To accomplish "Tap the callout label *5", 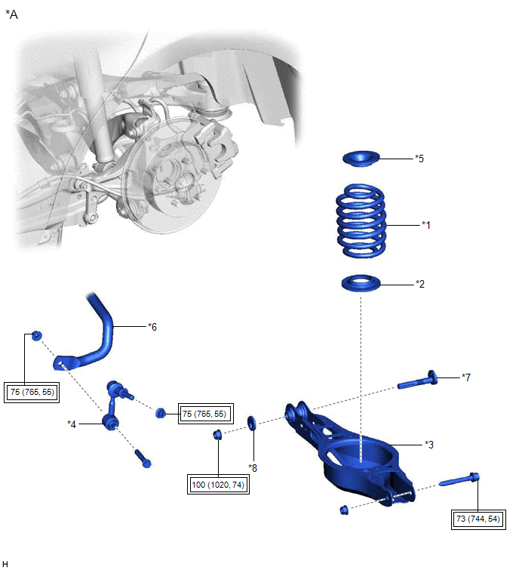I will (420, 159).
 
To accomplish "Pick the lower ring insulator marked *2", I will (361, 284).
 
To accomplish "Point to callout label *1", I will (426, 225).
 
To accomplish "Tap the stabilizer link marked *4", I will (113, 408).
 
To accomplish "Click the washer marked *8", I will (252, 420).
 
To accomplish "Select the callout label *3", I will (428, 444).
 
